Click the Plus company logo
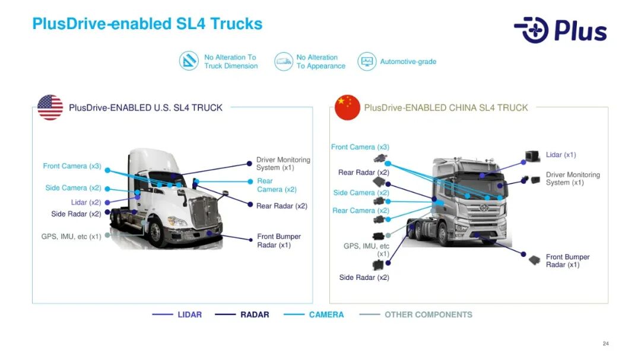560,30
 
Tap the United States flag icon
50,107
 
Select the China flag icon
347,107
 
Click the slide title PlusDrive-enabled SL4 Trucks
147,24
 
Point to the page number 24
605,344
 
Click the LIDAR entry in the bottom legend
189,314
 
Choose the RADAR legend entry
255,314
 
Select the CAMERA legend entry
326,314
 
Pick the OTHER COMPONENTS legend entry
428,314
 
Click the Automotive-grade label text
408,62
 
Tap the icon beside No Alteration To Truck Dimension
189,61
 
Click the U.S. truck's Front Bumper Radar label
279,241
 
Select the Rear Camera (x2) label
277,185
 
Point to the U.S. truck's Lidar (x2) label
86,202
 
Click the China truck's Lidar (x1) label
561,155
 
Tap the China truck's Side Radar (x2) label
364,278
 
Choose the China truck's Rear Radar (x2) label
364,173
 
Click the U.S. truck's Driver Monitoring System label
283,164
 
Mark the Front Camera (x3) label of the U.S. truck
72,166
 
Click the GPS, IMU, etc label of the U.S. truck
71,237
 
